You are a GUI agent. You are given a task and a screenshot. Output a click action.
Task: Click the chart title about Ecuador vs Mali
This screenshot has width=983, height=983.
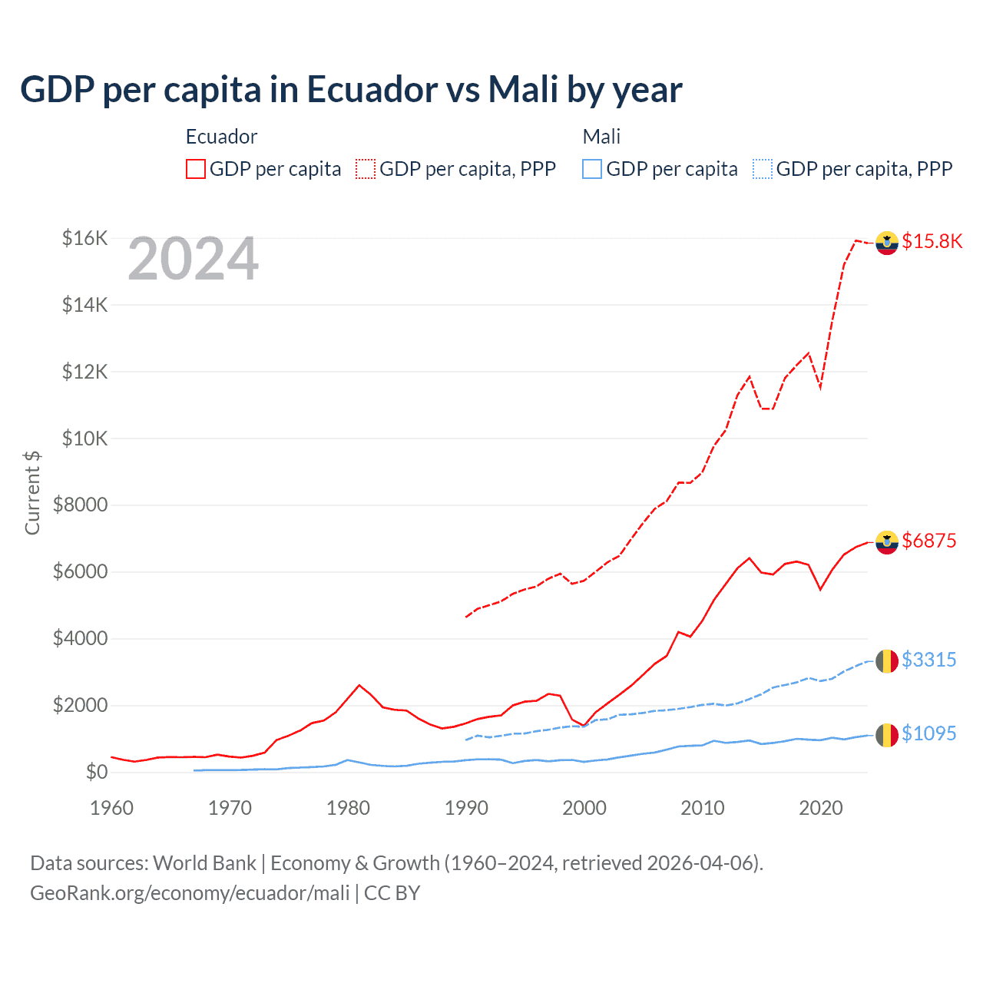click(x=351, y=90)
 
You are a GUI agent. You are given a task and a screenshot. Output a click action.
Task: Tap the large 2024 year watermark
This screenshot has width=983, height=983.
click(x=193, y=260)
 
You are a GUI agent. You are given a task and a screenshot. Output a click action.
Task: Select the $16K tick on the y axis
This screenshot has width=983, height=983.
click(x=84, y=238)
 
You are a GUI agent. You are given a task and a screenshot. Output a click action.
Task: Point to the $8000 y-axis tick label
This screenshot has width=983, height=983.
click(x=80, y=505)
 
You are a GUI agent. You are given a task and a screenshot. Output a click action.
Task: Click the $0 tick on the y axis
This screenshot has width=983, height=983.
click(x=96, y=772)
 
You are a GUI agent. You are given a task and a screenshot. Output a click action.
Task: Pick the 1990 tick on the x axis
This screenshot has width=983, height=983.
click(x=466, y=808)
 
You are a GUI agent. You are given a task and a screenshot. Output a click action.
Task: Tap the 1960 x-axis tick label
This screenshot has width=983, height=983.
click(x=112, y=808)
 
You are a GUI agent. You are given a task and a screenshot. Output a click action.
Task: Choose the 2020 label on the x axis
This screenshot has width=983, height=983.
click(x=820, y=808)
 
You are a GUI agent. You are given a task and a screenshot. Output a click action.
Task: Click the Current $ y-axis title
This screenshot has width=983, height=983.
click(x=32, y=493)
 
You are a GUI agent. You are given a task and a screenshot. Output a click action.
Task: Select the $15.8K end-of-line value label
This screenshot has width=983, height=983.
click(x=932, y=242)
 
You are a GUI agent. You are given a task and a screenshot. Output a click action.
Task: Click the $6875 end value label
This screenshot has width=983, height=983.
click(x=928, y=541)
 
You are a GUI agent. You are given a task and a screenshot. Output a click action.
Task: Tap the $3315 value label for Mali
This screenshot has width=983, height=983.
click(x=928, y=660)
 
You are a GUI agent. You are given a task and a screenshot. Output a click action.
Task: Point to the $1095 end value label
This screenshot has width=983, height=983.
click(x=928, y=734)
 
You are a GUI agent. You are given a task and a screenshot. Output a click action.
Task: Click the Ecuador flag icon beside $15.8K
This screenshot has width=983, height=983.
click(x=887, y=243)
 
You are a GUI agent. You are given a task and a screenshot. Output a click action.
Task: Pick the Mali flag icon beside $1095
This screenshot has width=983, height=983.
click(x=887, y=735)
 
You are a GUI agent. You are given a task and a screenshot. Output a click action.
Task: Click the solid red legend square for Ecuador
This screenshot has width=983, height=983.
click(x=196, y=169)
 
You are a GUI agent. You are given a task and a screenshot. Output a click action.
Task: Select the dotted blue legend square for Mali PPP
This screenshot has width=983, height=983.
click(x=763, y=169)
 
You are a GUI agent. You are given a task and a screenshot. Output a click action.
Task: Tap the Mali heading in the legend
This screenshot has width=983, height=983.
click(x=601, y=137)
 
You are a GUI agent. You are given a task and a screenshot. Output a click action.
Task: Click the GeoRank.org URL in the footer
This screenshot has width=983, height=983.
click(x=190, y=893)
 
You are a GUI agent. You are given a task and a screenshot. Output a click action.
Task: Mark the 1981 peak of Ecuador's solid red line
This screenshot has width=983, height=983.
click(x=359, y=685)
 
